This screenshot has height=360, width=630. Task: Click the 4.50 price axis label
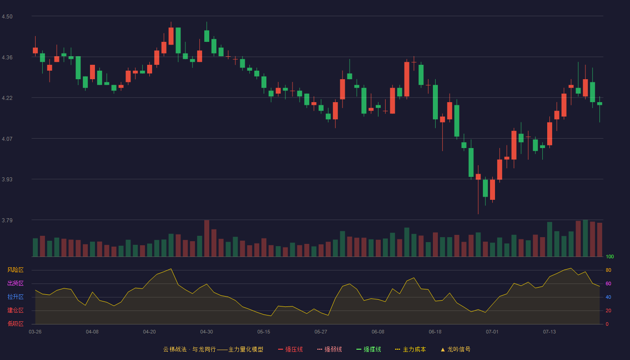7,17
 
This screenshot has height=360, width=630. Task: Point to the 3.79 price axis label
7,220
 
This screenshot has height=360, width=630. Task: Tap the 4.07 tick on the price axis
7,139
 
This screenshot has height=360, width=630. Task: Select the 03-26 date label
35,332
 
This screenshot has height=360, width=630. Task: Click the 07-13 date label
549,332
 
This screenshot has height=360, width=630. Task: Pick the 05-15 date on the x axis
264,332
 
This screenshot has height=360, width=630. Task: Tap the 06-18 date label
435,332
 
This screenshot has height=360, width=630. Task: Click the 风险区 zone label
15,270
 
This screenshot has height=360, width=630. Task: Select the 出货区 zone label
15,283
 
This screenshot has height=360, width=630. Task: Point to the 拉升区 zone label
15,297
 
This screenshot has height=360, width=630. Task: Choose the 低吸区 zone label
15,324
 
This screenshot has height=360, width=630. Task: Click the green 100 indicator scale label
610,256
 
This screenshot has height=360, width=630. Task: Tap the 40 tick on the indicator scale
608,297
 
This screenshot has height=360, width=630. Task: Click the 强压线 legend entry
290,349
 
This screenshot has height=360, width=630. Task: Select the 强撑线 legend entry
369,349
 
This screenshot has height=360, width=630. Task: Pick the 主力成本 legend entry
410,349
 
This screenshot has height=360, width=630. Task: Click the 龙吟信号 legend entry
455,349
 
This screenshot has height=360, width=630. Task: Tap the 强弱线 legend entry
329,349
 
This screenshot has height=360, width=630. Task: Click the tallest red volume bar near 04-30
207,238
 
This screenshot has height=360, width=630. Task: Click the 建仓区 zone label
15,310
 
